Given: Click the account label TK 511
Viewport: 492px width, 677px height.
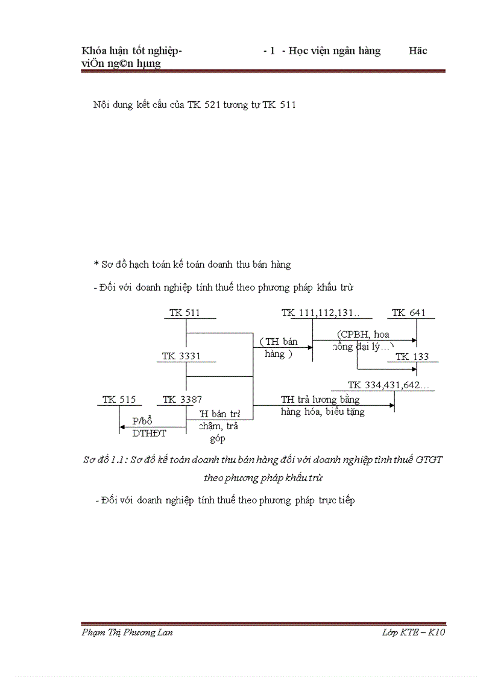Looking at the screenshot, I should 184,313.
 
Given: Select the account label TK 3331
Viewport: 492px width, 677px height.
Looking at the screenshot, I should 181,356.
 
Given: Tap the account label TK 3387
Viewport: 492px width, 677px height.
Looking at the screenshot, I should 182,399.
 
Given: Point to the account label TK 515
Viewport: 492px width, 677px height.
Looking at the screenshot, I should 119,399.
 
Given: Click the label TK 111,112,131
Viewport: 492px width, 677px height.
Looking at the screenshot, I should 320,313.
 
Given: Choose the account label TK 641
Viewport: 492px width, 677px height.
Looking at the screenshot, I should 408,313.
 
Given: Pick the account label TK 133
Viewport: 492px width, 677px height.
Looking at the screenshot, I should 412,356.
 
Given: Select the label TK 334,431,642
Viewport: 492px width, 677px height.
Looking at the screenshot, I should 388,385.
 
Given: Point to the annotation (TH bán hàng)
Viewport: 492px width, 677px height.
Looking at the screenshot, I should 279,348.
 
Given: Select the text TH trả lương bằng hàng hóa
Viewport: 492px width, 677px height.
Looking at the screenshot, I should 323,406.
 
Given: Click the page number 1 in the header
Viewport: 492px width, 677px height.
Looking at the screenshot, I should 273,51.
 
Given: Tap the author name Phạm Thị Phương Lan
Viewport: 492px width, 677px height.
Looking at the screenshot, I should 127,632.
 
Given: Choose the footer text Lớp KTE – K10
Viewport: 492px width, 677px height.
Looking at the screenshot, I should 414,632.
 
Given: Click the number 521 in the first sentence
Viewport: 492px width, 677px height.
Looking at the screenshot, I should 212,105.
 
